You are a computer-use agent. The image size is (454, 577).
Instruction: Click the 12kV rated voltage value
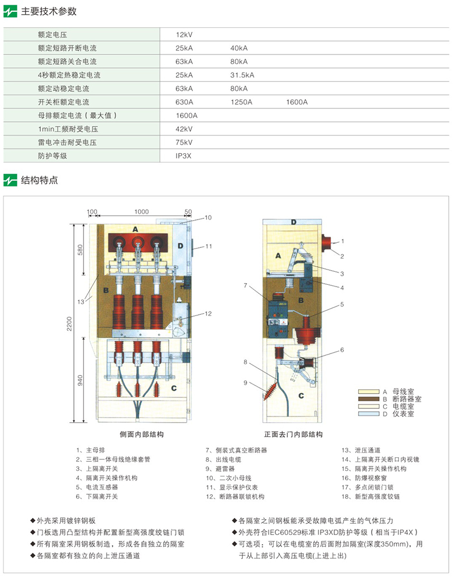[x=184, y=35]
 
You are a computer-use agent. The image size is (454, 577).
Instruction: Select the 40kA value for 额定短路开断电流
[x=239, y=49]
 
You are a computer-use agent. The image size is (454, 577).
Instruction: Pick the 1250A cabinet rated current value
[x=241, y=102]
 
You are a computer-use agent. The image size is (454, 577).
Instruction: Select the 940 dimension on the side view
[x=80, y=381]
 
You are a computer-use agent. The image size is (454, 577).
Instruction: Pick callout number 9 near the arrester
[x=245, y=382]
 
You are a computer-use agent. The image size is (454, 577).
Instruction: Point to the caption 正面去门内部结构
[x=293, y=435]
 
